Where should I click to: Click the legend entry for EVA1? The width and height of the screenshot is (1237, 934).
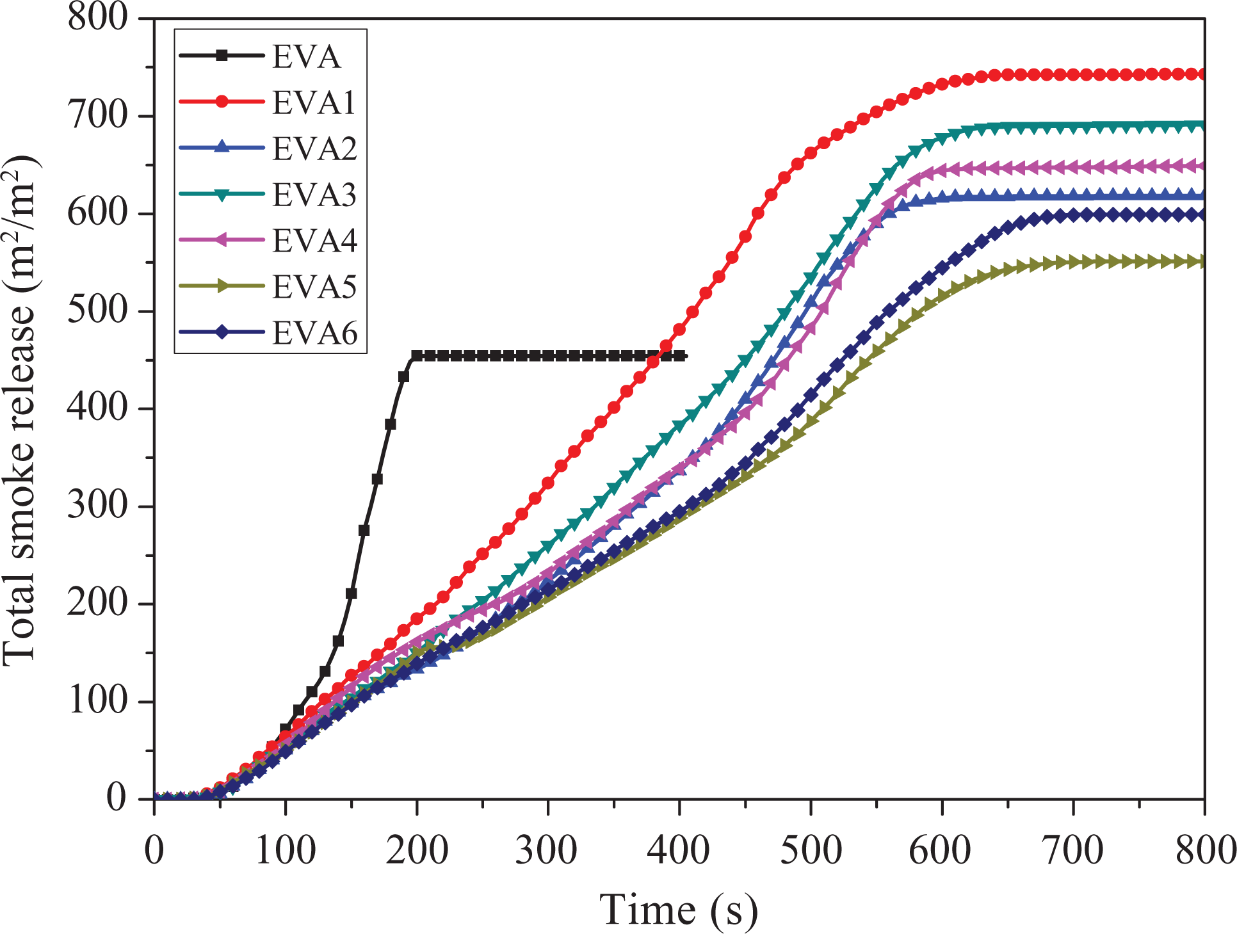(x=267, y=102)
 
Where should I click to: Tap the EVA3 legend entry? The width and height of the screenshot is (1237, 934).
(x=267, y=195)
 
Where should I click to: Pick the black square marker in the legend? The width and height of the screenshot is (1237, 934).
(x=222, y=56)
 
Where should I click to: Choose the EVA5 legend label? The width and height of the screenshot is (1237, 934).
(x=314, y=287)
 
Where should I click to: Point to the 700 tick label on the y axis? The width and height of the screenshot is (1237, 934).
(x=98, y=116)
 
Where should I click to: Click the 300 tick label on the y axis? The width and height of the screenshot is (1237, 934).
(x=98, y=506)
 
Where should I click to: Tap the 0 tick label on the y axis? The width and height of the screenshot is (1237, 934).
(x=117, y=798)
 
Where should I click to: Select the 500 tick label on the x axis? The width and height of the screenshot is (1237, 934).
(x=811, y=851)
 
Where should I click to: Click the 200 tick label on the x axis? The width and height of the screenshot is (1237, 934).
(x=417, y=851)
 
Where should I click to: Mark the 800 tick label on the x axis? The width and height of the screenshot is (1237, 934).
(x=1205, y=851)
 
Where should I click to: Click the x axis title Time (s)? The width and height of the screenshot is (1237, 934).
(x=679, y=910)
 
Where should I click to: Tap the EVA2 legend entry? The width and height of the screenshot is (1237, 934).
(x=268, y=149)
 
